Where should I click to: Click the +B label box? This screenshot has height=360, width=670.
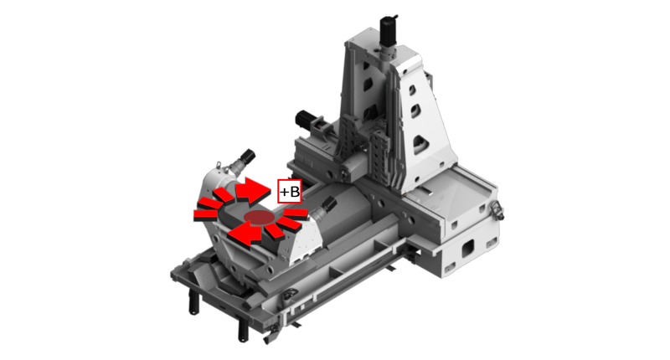289,192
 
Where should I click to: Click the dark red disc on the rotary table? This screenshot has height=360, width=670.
259,218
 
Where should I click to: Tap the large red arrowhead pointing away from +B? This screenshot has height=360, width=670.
245,235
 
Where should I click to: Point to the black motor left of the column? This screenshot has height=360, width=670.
305,120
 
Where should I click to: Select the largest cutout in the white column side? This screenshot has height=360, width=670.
422,144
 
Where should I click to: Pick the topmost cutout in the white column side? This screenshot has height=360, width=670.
412,90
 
